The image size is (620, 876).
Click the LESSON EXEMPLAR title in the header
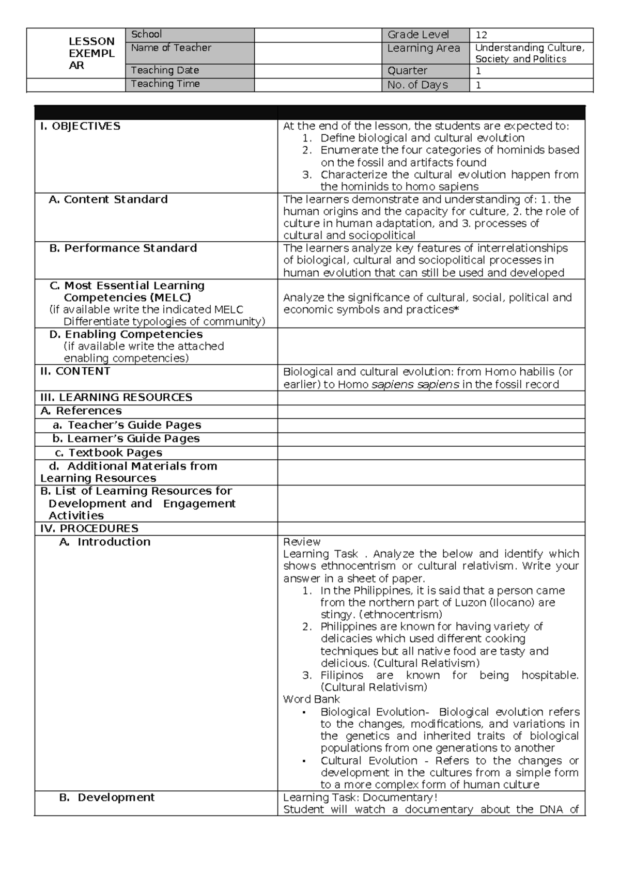click(91, 53)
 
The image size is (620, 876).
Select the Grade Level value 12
click(481, 35)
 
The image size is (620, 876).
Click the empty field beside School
click(318, 35)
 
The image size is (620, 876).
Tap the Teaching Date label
click(165, 70)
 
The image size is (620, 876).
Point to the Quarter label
click(407, 70)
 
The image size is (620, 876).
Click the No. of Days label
click(417, 85)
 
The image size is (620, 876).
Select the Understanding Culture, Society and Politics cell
click(530, 53)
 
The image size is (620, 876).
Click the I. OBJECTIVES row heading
click(80, 126)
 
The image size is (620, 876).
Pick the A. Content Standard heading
click(108, 199)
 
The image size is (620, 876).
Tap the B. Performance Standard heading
click(123, 248)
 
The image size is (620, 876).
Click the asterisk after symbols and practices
click(456, 309)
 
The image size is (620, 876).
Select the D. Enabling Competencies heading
click(126, 334)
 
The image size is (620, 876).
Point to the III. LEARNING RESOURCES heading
click(116, 397)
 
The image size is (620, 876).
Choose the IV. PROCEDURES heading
click(89, 528)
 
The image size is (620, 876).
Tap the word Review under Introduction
click(302, 542)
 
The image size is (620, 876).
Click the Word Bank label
click(311, 699)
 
